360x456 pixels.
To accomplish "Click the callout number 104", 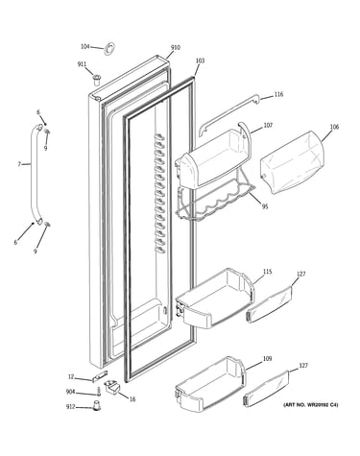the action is [84, 47].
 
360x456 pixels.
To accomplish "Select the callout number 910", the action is [175, 48].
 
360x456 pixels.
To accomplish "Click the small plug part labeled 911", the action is [96, 79].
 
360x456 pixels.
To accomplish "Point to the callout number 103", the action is [200, 60].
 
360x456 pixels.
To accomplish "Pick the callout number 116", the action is [278, 94].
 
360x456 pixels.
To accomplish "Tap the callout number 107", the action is [268, 125].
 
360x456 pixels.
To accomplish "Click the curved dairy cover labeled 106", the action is [292, 162].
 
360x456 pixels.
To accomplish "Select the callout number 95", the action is [265, 206].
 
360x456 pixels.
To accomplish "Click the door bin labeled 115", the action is [215, 298].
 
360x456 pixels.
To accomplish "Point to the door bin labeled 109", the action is [211, 383].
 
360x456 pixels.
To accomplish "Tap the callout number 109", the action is [267, 358].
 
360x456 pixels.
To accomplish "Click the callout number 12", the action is [71, 377].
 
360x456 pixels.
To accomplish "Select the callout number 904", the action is [70, 392].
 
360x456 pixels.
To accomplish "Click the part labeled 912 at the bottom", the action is [96, 405].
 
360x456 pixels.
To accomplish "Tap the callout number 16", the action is [132, 399].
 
